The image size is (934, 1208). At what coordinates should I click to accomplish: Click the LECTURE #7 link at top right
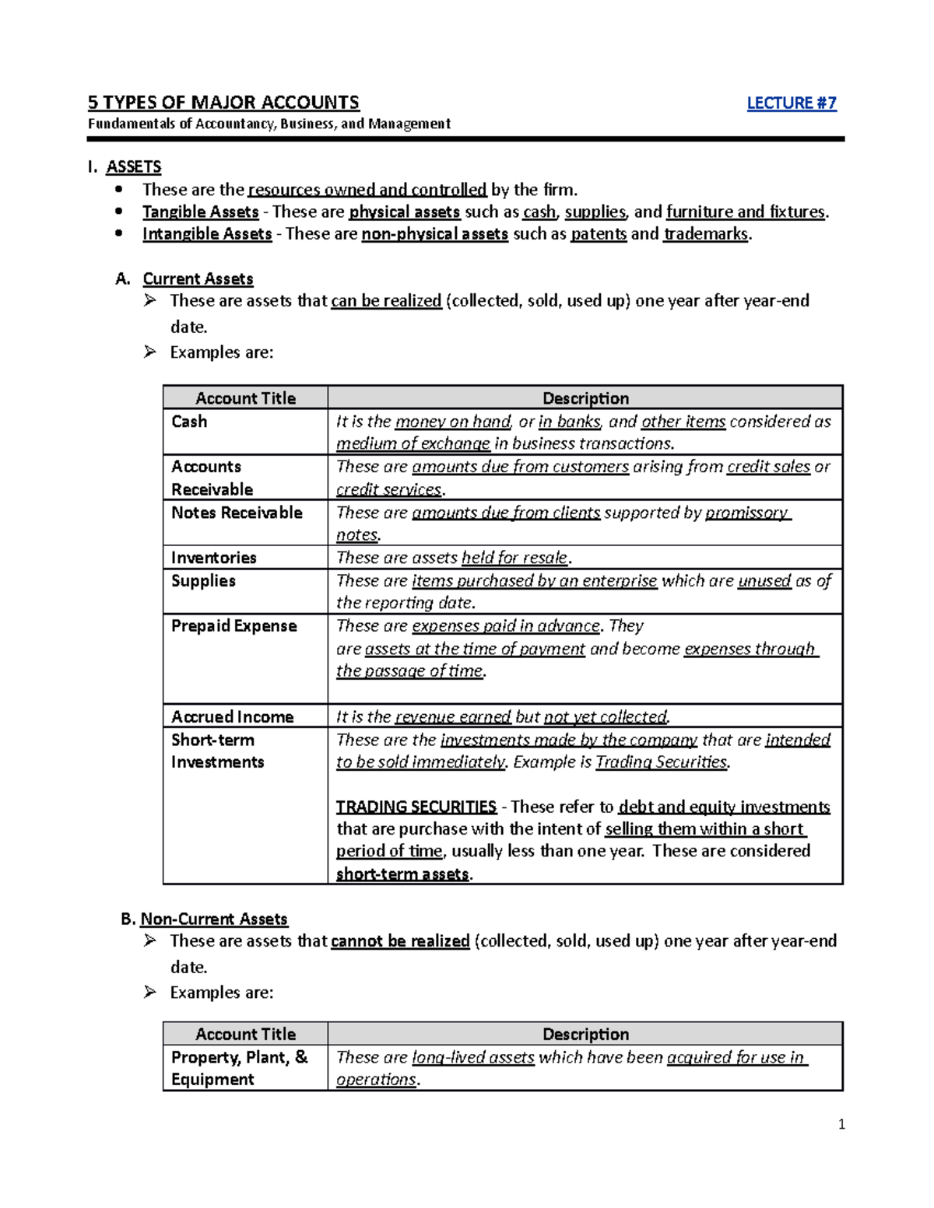pyautogui.click(x=791, y=103)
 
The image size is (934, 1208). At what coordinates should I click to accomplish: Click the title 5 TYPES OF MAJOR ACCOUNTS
pyautogui.click(x=223, y=103)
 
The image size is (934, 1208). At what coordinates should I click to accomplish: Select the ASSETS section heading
pyautogui.click(x=133, y=167)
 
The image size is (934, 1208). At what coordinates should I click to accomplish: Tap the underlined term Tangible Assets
pyautogui.click(x=200, y=212)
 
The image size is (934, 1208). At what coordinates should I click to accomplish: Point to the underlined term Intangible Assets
pyautogui.click(x=207, y=234)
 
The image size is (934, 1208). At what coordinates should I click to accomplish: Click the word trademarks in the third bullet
pyautogui.click(x=705, y=234)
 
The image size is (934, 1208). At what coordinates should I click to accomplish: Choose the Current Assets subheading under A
pyautogui.click(x=198, y=278)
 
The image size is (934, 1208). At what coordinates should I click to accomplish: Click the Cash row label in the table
pyautogui.click(x=189, y=422)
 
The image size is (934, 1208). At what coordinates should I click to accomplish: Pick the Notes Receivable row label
pyautogui.click(x=237, y=513)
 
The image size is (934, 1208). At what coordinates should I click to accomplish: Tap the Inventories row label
pyautogui.click(x=213, y=558)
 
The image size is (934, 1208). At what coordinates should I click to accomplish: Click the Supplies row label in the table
pyautogui.click(x=203, y=581)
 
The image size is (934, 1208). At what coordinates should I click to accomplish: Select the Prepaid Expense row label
pyautogui.click(x=233, y=626)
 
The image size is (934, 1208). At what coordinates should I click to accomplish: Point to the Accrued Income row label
pyautogui.click(x=232, y=717)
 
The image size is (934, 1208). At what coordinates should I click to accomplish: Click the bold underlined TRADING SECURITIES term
pyautogui.click(x=416, y=807)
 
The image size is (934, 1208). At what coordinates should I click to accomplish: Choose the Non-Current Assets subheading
pyautogui.click(x=213, y=919)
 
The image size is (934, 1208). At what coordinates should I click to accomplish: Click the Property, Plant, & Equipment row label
pyautogui.click(x=239, y=1068)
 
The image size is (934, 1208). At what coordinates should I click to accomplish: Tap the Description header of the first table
pyautogui.click(x=585, y=398)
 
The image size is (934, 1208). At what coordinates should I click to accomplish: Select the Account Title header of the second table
pyautogui.click(x=245, y=1035)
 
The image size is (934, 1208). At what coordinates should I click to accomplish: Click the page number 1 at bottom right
pyautogui.click(x=841, y=1124)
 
